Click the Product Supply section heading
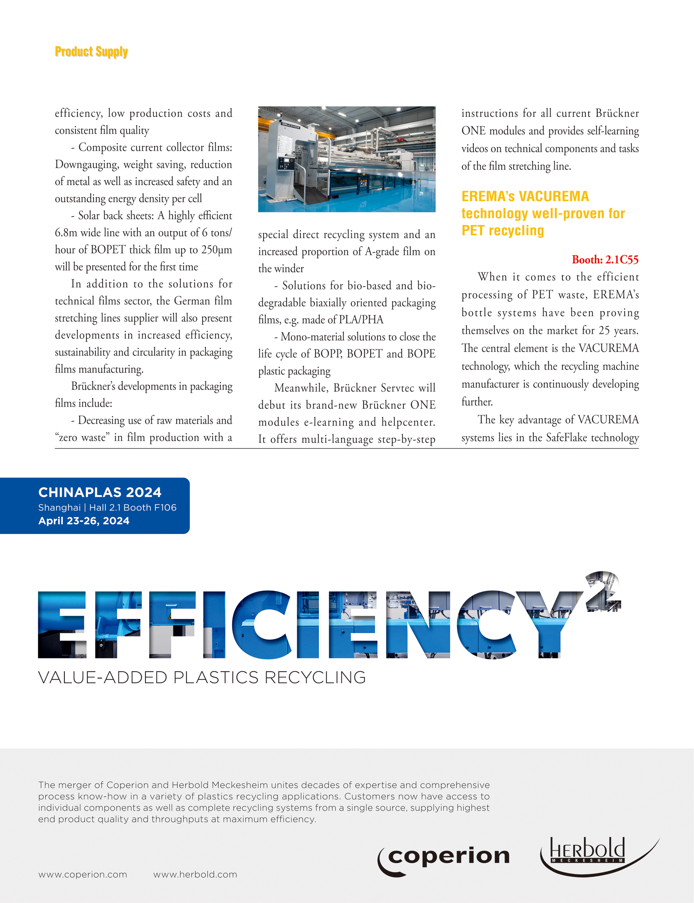tap(91, 52)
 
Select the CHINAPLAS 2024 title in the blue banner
tap(100, 492)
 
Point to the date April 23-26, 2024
tap(84, 521)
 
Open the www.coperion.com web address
tap(83, 874)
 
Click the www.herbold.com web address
tap(195, 874)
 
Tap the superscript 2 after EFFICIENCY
tap(603, 591)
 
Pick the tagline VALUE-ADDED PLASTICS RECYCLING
tap(202, 678)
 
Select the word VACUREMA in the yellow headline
tap(553, 197)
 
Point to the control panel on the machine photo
tap(284, 163)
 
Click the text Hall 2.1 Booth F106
tap(132, 507)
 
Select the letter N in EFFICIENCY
tap(418, 624)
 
